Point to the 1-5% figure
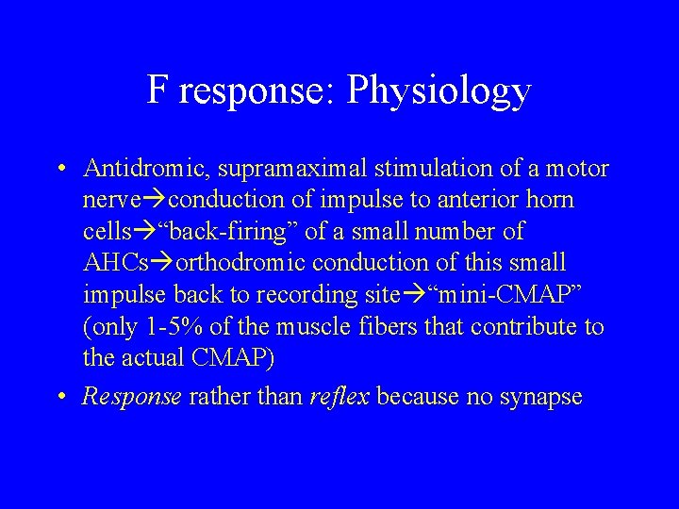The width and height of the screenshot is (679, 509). pos(169,326)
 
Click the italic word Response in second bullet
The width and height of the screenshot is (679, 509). pos(131,398)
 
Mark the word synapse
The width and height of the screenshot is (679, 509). pos(540,398)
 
